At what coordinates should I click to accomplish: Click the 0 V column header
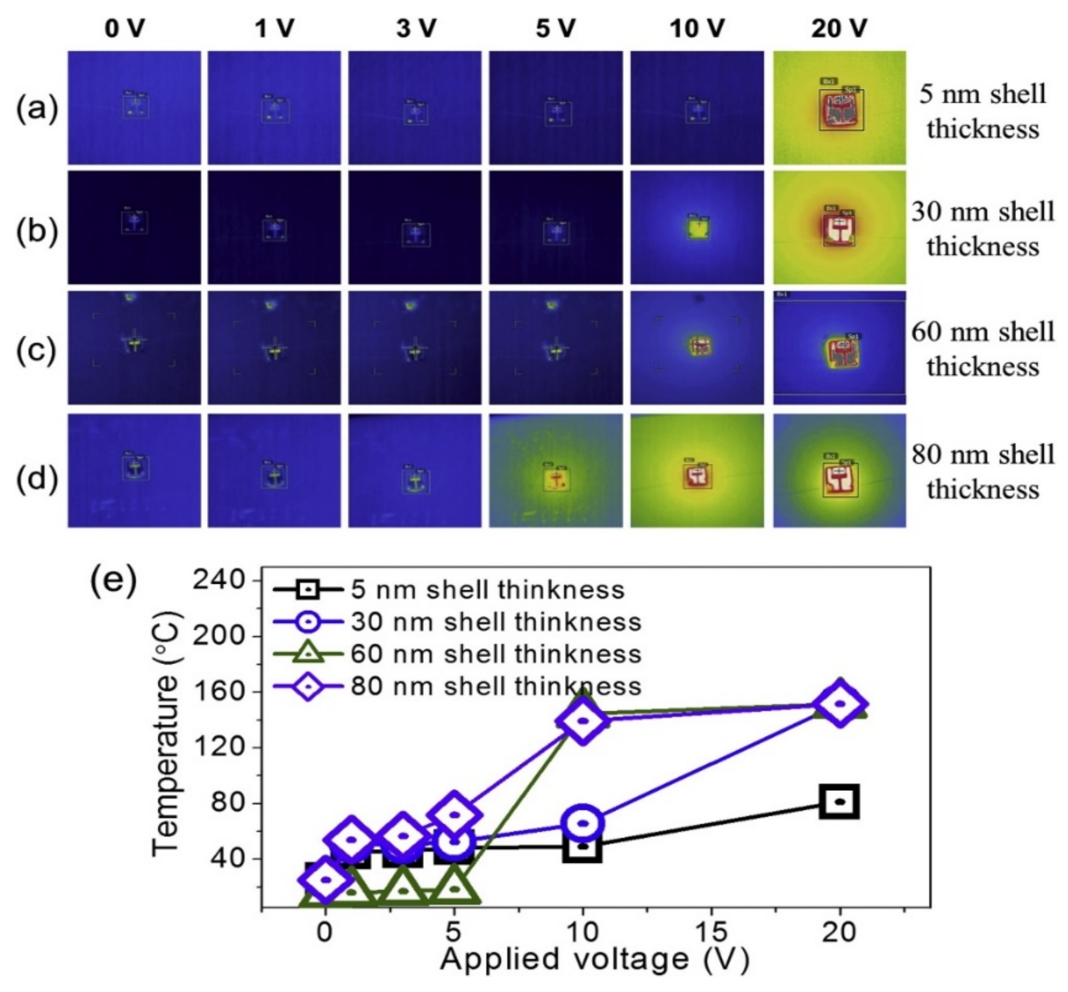click(x=124, y=28)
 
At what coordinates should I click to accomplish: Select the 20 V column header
click(x=839, y=28)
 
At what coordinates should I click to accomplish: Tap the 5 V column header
click(x=555, y=28)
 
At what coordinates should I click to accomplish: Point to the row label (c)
click(x=36, y=350)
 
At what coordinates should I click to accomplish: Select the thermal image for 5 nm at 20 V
click(x=839, y=108)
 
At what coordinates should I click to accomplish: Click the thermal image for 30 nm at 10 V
click(x=697, y=228)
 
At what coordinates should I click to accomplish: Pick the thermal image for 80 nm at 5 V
click(x=555, y=470)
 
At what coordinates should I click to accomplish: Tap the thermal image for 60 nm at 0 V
click(x=134, y=348)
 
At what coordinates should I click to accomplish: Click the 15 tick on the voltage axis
click(x=711, y=933)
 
